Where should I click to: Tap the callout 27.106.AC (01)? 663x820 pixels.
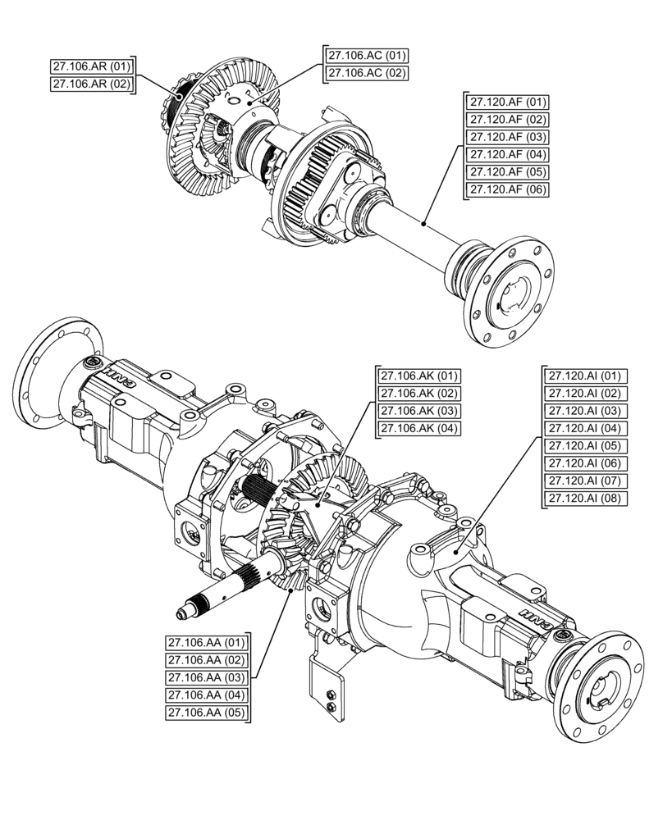[367, 56]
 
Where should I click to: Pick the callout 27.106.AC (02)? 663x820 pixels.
[367, 73]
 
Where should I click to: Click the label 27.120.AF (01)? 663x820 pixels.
[508, 102]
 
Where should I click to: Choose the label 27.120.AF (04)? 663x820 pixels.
[508, 155]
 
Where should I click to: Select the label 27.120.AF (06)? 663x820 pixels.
[508, 189]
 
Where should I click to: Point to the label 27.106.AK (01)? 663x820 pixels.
[418, 376]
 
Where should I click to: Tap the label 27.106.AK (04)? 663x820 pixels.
[418, 428]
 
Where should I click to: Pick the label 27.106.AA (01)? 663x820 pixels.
[207, 642]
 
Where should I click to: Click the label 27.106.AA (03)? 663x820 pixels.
[207, 677]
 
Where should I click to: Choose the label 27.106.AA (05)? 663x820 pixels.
[207, 713]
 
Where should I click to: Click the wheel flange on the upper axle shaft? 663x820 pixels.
[513, 292]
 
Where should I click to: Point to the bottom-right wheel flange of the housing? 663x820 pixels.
[603, 684]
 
